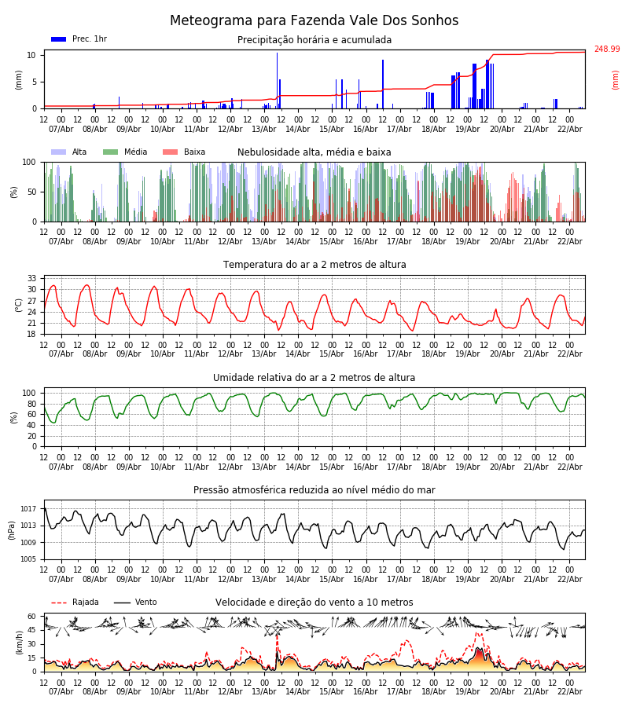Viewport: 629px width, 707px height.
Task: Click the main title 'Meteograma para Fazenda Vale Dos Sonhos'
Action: [x=314, y=21]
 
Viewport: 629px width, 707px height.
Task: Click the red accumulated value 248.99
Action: [x=606, y=49]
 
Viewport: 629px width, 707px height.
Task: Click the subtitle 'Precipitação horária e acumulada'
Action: [x=314, y=40]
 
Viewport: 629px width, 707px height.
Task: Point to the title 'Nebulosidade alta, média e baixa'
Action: [x=314, y=152]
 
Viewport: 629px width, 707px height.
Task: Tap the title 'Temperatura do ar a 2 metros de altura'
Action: [x=314, y=265]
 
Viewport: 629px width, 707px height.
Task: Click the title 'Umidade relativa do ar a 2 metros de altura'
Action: [x=314, y=378]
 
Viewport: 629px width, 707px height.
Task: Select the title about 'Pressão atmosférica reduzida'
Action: [x=314, y=490]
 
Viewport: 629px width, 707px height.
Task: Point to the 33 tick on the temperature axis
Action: [x=32, y=279]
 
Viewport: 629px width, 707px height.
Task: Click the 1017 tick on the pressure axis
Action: [x=29, y=509]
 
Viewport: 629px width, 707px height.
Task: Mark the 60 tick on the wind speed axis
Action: [x=32, y=617]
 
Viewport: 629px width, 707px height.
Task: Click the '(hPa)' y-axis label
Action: [x=12, y=529]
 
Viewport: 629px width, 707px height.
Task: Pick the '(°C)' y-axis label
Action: [x=19, y=304]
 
